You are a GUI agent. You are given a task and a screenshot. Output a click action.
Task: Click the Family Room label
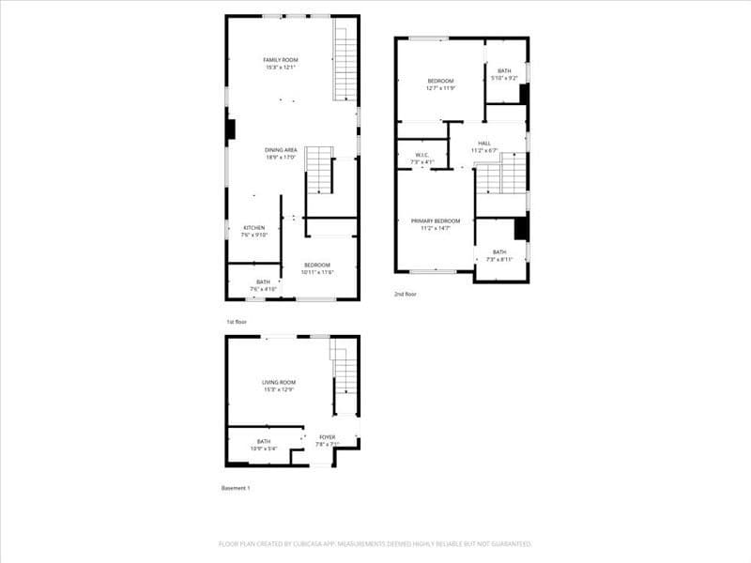[x=281, y=60]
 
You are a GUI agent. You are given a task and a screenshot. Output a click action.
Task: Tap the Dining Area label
[x=281, y=150]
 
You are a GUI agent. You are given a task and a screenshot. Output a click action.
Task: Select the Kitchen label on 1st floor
[x=254, y=228]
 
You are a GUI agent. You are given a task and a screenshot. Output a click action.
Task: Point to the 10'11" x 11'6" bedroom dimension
[x=317, y=272]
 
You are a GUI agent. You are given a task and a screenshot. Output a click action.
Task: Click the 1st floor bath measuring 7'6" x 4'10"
[x=263, y=285]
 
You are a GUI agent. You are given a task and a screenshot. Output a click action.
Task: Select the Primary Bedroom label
[x=436, y=221]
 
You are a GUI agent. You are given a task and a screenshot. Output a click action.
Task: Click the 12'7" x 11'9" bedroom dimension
[x=440, y=88]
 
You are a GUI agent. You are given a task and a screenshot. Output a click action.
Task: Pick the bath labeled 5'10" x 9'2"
[x=505, y=74]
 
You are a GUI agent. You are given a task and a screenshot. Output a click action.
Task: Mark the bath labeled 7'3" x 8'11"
[x=499, y=255]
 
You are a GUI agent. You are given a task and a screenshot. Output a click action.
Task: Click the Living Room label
[x=279, y=383]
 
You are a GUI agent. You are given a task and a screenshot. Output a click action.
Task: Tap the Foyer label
[x=327, y=437]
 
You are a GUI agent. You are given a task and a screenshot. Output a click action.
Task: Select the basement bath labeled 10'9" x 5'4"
[x=264, y=445]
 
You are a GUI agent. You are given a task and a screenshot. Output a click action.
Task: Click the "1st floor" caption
[x=236, y=322]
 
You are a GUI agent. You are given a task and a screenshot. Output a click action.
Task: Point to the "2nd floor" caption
[x=406, y=294]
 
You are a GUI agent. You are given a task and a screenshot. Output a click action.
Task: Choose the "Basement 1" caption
[x=236, y=488]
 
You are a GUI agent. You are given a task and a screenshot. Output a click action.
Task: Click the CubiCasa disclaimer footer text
[x=375, y=543]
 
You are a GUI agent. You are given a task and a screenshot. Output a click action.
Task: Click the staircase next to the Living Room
[x=345, y=375]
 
